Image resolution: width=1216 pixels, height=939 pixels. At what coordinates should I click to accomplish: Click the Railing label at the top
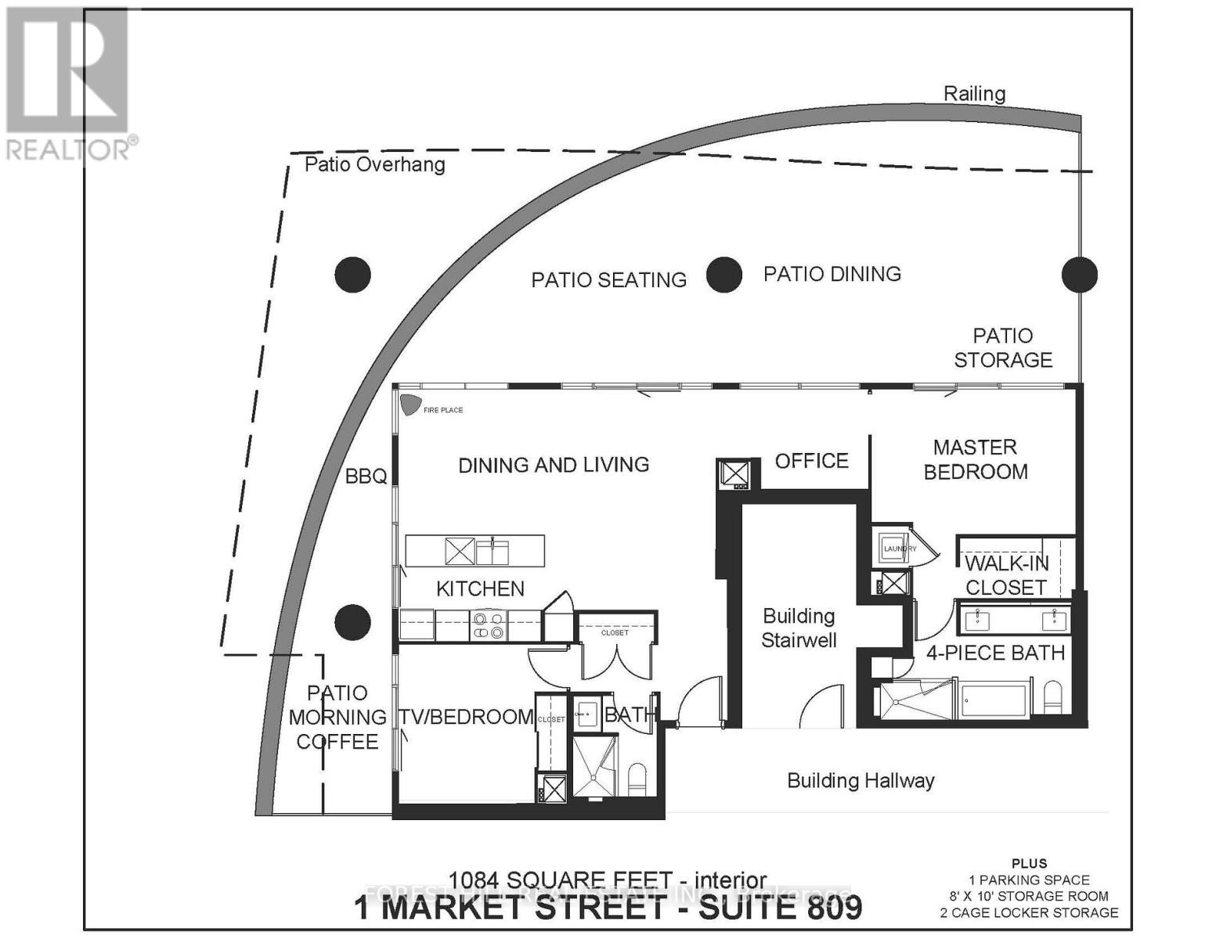point(974,94)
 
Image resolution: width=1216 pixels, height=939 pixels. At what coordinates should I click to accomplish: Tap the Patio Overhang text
point(374,164)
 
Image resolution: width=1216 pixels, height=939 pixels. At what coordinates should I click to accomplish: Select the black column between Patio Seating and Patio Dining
point(723,275)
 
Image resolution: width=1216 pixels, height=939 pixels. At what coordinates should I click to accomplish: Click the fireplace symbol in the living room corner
point(410,405)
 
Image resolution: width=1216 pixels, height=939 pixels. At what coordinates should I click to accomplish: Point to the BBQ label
point(366,476)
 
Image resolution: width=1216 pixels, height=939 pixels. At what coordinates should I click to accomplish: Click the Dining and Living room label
point(554,465)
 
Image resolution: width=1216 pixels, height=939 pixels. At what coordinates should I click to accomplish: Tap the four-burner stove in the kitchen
point(487,626)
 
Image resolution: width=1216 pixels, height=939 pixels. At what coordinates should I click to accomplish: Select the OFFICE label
point(811,461)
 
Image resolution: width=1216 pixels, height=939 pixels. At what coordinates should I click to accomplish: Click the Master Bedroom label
point(975,459)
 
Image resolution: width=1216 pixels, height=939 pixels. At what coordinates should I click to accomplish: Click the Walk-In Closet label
point(1005,575)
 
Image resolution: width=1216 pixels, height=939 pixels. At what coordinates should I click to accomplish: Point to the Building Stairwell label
point(799,628)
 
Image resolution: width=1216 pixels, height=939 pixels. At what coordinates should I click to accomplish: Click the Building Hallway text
point(861,780)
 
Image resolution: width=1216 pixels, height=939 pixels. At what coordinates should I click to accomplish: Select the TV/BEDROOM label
point(466,717)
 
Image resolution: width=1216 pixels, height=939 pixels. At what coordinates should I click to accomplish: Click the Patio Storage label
point(1002,347)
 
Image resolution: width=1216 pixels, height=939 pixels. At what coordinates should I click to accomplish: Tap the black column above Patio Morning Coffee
point(352,623)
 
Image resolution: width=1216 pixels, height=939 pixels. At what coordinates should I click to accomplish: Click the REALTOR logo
point(69,82)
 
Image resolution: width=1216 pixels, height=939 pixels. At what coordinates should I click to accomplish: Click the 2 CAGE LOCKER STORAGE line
point(1029,912)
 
